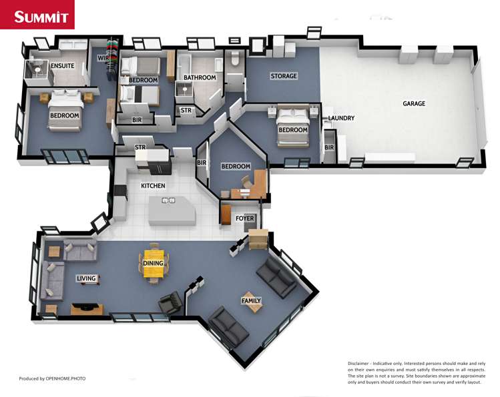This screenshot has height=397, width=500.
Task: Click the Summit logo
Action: [37, 15]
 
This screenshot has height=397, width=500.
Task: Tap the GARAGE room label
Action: [414, 103]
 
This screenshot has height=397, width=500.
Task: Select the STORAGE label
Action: [284, 76]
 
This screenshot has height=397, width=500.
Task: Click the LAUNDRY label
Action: [342, 118]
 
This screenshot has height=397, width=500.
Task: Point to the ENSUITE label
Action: [63, 65]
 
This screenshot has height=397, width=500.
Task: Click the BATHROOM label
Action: [200, 77]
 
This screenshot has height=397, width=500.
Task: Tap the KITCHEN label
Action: [153, 185]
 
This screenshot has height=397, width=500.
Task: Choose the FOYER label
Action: [245, 218]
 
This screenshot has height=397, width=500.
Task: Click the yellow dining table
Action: [154, 264]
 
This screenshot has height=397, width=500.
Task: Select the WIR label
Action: [103, 58]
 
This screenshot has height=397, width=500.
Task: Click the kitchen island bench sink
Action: [168, 200]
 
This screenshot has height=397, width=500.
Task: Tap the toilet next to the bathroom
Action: [235, 58]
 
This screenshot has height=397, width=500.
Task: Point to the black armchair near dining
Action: [170, 302]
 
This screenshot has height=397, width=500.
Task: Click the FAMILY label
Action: [251, 300]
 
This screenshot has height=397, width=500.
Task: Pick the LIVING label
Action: [86, 278]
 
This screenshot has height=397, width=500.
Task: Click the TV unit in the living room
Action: [87, 309]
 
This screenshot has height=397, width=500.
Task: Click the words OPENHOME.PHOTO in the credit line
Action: [65, 378]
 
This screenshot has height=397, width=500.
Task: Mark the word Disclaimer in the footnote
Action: [358, 363]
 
